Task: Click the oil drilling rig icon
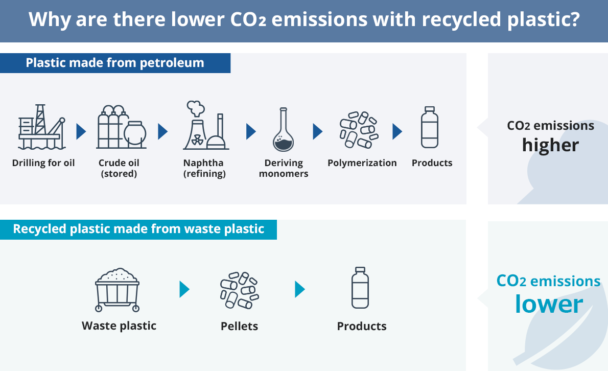tap(42, 127)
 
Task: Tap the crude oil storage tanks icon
tap(122, 127)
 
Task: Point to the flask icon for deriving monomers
tap(284, 129)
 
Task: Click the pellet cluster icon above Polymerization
tap(359, 130)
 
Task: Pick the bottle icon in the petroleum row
tap(430, 127)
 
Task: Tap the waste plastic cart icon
tap(117, 290)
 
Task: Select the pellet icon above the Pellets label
tap(240, 290)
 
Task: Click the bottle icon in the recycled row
tap(360, 288)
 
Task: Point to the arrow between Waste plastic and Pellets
tap(184, 289)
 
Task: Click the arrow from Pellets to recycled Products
tap(300, 289)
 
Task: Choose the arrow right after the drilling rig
tap(81, 131)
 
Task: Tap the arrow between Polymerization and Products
tap(397, 131)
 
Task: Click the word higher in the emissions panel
tap(550, 145)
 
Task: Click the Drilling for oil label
tap(43, 163)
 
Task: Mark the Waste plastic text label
tap(119, 326)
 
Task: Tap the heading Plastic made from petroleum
tap(115, 63)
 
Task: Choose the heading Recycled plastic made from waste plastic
tap(138, 229)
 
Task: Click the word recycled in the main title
tap(461, 19)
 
